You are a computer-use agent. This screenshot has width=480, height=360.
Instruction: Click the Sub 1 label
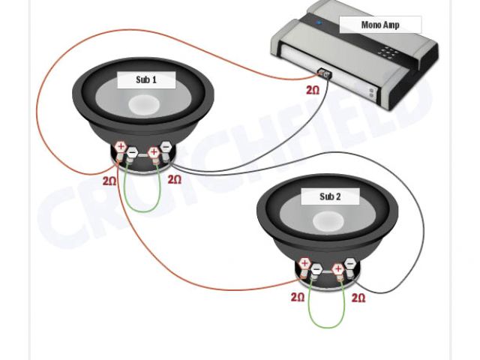(x=146, y=80)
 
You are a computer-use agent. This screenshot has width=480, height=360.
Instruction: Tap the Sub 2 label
(x=330, y=196)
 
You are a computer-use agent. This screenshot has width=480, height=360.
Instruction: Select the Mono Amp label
(x=380, y=25)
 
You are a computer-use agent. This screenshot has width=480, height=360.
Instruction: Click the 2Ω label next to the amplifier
(x=312, y=90)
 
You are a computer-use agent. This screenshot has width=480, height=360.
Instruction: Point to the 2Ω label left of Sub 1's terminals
(x=109, y=181)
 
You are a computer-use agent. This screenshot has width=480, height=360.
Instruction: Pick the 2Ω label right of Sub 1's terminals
(x=174, y=180)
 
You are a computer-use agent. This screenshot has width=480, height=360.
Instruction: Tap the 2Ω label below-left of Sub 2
(x=298, y=297)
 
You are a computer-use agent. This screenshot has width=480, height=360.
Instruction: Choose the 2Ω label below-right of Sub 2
(x=358, y=298)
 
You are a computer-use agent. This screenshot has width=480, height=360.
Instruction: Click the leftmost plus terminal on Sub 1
(x=121, y=146)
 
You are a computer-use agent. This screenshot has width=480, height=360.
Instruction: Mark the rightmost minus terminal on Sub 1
(x=166, y=147)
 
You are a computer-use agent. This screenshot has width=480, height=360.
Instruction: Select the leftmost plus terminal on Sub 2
(x=304, y=263)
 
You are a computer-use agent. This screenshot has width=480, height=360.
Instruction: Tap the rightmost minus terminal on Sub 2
(x=349, y=264)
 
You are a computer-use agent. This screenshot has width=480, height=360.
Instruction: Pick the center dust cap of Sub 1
(x=145, y=104)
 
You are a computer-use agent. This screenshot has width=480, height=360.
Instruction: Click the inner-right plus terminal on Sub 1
(x=154, y=152)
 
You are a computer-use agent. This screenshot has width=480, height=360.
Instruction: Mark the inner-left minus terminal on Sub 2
(x=316, y=268)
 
